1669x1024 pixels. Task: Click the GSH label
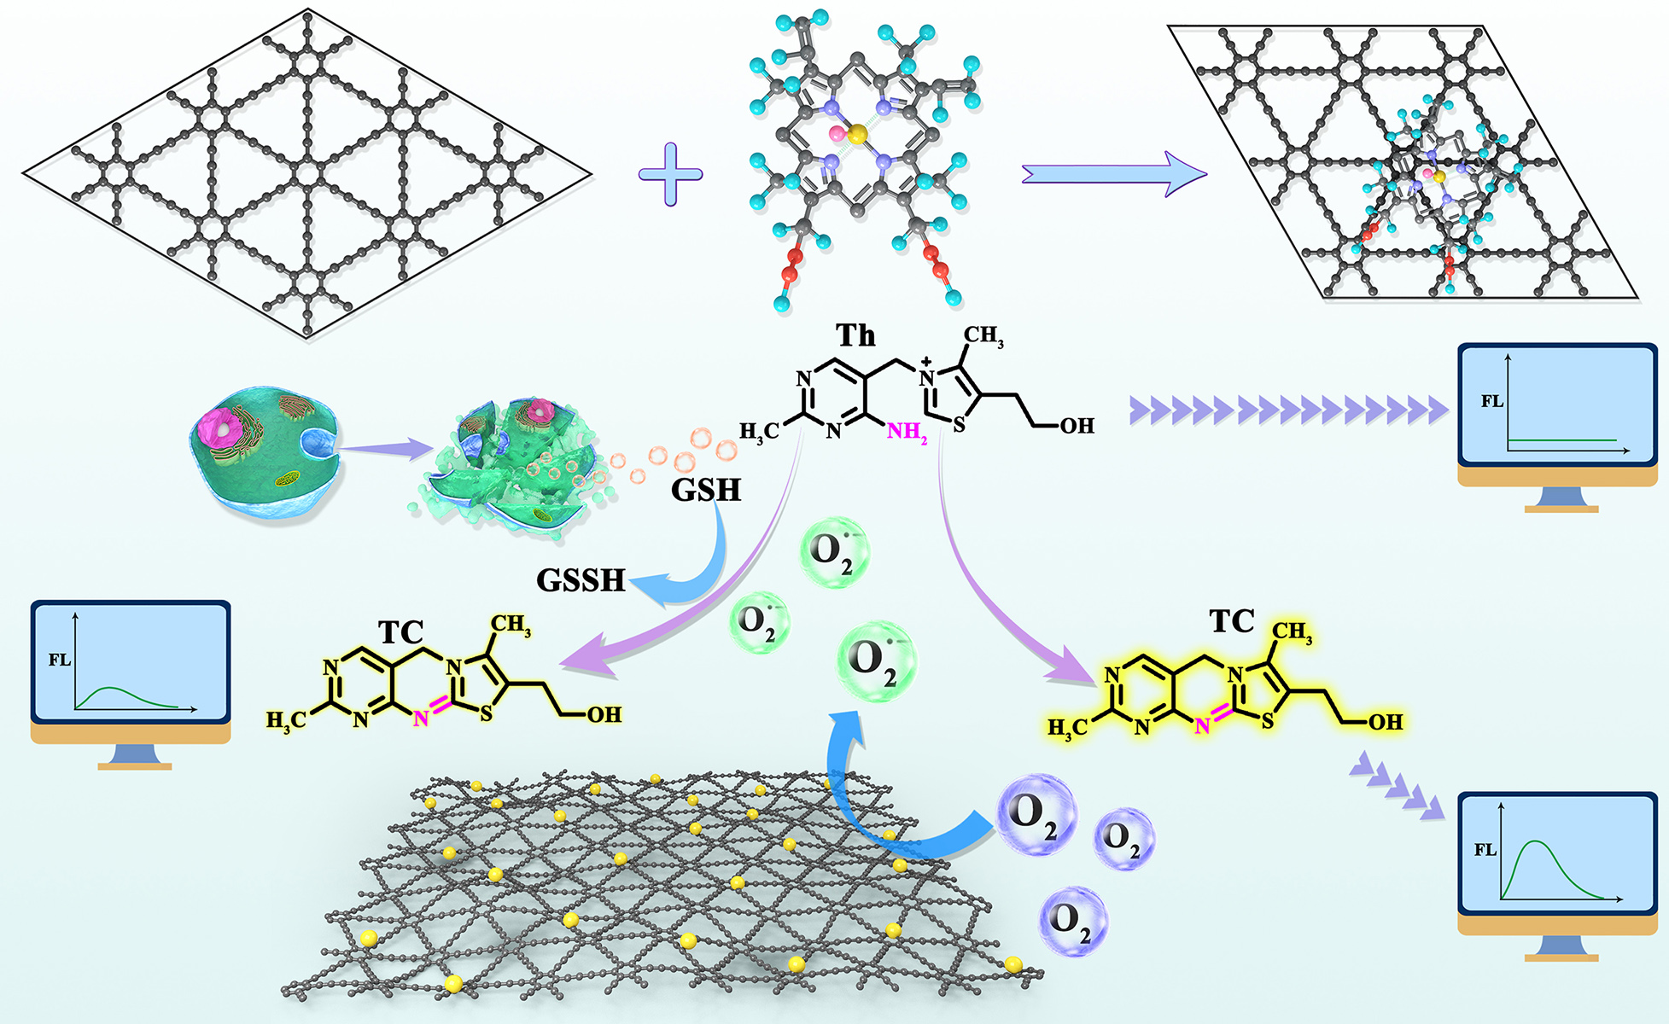(706, 490)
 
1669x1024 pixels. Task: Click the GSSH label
(581, 580)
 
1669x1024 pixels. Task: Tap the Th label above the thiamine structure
(855, 336)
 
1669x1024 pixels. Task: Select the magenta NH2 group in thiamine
(906, 432)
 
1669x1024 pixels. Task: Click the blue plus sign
(671, 174)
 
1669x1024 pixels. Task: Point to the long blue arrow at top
(1114, 174)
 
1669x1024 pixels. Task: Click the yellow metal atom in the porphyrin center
(857, 133)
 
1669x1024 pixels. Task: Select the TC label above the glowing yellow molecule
(1232, 621)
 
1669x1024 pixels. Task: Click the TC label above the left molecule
(401, 632)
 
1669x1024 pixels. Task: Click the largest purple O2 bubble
(1036, 815)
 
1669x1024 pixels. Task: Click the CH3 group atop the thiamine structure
(983, 336)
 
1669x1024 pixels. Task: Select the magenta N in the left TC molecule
(420, 719)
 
